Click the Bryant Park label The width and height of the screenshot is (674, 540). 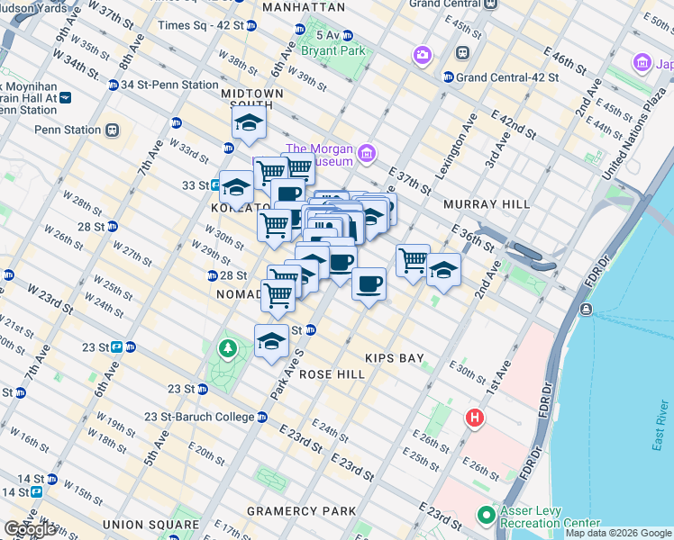coord(333,51)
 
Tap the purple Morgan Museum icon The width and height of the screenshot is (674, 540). coord(366,154)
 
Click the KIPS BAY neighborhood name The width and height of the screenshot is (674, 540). coord(395,358)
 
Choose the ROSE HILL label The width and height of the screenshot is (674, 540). coord(330,373)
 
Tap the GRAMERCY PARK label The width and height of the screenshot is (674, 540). coord(301,511)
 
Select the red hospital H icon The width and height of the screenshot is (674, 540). coord(475,418)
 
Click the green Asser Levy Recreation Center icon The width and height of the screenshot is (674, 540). coord(487,516)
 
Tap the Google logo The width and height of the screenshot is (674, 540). coord(31,529)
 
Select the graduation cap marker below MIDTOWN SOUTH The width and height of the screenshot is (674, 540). coord(249,125)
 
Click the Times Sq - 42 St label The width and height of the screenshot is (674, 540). coord(200,25)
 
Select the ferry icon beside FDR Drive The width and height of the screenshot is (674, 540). coord(587,310)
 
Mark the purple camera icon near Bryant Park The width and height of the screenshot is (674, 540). coord(422,58)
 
